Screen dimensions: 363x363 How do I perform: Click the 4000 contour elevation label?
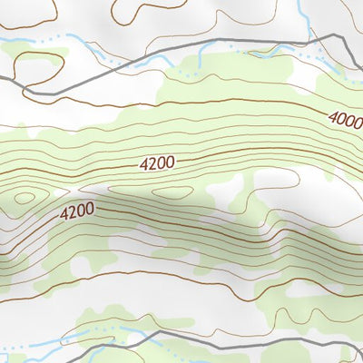point(345,118)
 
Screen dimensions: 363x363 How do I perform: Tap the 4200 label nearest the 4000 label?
point(157,163)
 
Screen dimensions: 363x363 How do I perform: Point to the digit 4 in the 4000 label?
point(331,115)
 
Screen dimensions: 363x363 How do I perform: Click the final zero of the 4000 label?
point(358,122)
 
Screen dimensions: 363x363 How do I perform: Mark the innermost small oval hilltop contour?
point(25,197)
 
